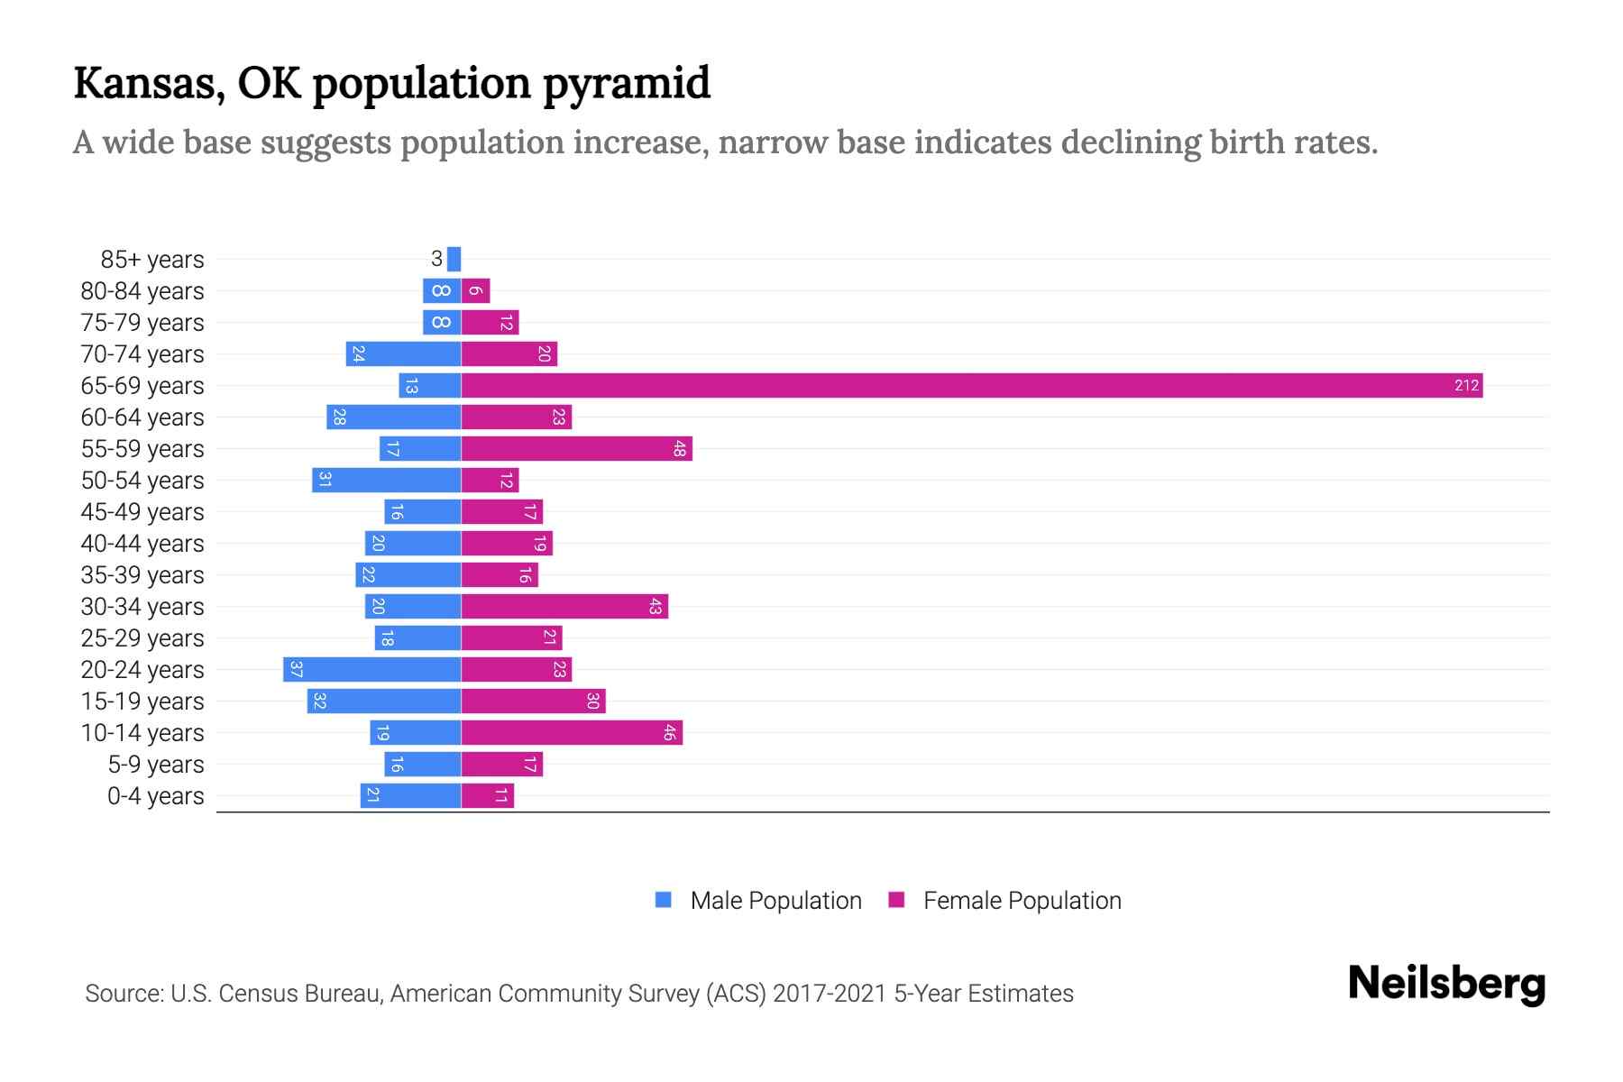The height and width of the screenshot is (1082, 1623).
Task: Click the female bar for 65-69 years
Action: click(x=972, y=386)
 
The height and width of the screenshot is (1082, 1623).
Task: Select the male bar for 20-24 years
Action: click(x=372, y=670)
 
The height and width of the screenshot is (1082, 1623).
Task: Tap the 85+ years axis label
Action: click(x=151, y=260)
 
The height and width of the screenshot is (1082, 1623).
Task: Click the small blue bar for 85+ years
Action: click(x=454, y=260)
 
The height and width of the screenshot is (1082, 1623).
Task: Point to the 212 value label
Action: click(x=1466, y=386)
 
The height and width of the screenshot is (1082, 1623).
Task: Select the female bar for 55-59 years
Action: click(x=577, y=449)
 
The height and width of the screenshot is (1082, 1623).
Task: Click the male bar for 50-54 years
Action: click(x=387, y=481)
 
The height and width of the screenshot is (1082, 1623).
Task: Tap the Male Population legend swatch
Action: click(x=664, y=900)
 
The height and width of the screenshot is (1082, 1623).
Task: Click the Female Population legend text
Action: click(x=1022, y=901)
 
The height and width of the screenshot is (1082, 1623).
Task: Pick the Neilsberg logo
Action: click(x=1446, y=984)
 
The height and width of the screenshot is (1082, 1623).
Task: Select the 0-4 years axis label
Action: click(x=155, y=796)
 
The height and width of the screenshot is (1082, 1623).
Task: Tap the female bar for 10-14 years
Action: click(x=572, y=733)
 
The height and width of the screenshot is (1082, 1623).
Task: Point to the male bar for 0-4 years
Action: click(x=411, y=796)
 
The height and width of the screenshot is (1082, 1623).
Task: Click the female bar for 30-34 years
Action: click(x=564, y=607)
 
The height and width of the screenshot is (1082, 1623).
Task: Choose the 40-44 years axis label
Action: click(x=142, y=544)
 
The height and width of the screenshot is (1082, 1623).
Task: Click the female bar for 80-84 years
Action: click(x=475, y=291)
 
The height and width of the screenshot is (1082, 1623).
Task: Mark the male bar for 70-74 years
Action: click(x=403, y=354)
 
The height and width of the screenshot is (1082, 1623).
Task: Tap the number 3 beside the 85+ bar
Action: click(x=436, y=260)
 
